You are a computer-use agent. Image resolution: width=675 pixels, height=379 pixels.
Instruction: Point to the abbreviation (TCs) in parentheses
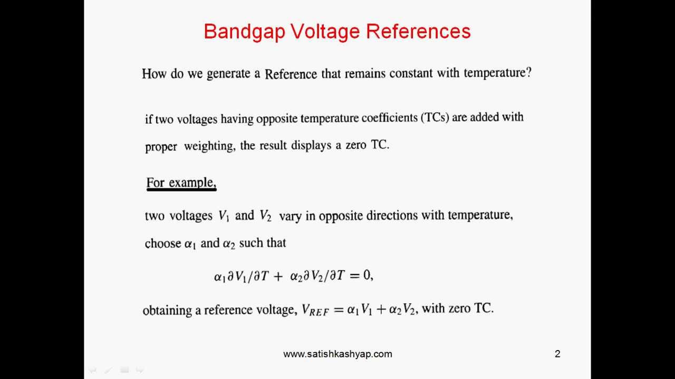(435, 117)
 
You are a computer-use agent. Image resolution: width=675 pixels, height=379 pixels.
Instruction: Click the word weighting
(208, 146)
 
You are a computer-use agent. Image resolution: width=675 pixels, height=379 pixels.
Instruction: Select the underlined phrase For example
(181, 183)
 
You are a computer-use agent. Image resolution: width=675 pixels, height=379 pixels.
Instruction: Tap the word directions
(388, 216)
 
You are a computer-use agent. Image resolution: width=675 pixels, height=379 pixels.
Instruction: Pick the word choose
(162, 244)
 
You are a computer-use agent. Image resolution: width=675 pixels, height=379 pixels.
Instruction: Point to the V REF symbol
(315, 310)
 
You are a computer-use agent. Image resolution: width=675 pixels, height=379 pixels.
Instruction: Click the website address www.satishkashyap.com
(337, 354)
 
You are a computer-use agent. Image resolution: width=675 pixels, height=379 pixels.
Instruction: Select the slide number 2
(557, 354)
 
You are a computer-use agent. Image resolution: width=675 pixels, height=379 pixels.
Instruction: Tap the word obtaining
(167, 310)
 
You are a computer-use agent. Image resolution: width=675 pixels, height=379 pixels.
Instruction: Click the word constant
(409, 73)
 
